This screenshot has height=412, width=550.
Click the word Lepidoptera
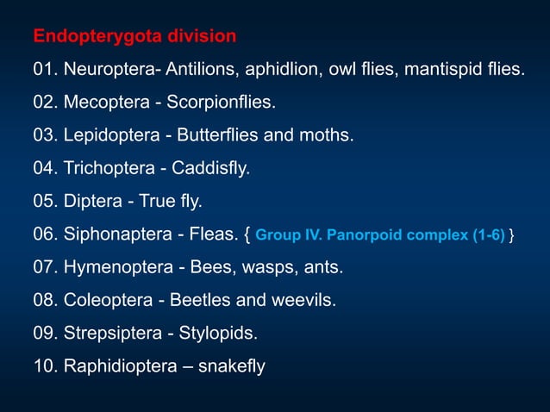click(109, 136)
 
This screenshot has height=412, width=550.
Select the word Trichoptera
click(108, 169)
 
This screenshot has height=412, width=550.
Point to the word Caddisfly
click(214, 169)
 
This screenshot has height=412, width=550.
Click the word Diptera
click(93, 202)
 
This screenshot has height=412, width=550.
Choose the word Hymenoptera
click(116, 268)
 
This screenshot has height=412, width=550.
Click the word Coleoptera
click(106, 301)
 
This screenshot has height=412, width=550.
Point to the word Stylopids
click(217, 334)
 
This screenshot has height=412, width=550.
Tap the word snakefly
click(232, 366)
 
